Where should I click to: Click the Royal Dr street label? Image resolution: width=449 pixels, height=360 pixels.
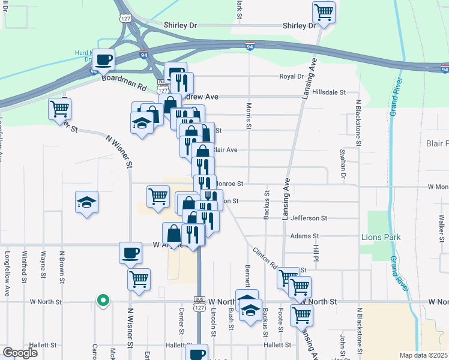click(x=292, y=76)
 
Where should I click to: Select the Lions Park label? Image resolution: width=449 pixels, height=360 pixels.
click(x=381, y=237)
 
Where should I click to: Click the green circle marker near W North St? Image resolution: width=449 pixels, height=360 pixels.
click(x=103, y=301)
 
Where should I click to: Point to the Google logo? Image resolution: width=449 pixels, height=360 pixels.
click(x=19, y=353)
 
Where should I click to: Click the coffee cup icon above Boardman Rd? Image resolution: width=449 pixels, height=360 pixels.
click(x=104, y=59)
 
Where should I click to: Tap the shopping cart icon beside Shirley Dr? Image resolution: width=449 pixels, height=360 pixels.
click(x=324, y=11)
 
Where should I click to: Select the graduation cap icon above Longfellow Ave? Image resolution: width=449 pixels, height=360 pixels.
click(x=87, y=201)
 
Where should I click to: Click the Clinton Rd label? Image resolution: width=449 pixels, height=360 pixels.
click(x=264, y=257)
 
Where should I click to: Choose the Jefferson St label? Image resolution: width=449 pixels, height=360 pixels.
click(x=309, y=218)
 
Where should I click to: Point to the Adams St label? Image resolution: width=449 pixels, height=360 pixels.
click(x=304, y=236)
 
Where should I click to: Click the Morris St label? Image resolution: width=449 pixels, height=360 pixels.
click(x=249, y=117)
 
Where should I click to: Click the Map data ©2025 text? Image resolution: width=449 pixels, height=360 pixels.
click(x=423, y=355)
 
